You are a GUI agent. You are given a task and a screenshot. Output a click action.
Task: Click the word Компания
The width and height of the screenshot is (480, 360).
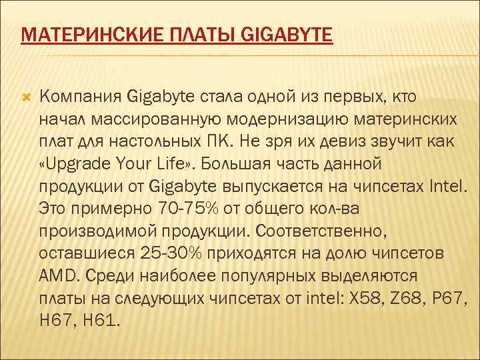click(x=80, y=97)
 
